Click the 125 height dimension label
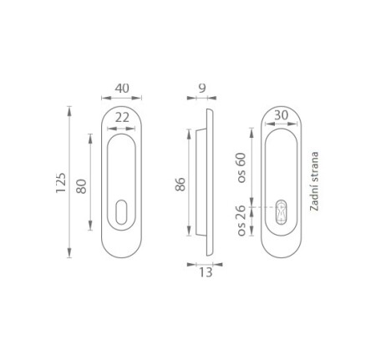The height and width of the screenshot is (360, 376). [x=61, y=183]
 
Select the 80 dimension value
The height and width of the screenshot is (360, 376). [x=81, y=186]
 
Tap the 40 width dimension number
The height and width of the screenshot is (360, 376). [x=122, y=89]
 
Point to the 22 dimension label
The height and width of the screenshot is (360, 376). [x=122, y=118]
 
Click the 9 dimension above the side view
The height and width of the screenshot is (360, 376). [x=202, y=89]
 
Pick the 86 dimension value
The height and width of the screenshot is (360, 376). [x=180, y=184]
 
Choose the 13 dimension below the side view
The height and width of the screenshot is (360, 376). [x=206, y=272]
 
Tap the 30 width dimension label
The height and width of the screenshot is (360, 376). [x=281, y=115]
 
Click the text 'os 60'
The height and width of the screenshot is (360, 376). [x=241, y=168]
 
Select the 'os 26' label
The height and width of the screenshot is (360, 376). [x=241, y=221]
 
